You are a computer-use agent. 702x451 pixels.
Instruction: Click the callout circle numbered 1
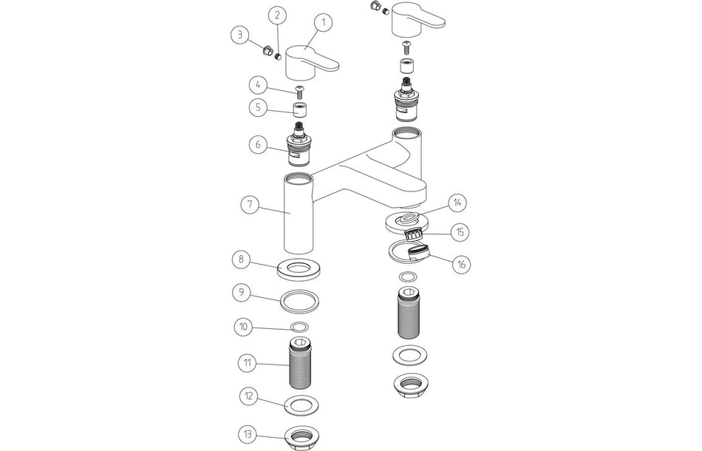click(323, 24)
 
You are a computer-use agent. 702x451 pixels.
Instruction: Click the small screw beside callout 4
click(300, 92)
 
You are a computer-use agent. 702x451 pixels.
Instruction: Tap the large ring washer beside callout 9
click(301, 302)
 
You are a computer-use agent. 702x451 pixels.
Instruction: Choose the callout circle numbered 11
click(246, 363)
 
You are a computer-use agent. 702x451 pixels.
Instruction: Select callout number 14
click(458, 202)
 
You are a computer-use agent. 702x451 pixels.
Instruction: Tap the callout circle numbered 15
click(460, 232)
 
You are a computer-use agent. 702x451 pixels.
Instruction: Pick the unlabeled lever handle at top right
click(414, 18)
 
